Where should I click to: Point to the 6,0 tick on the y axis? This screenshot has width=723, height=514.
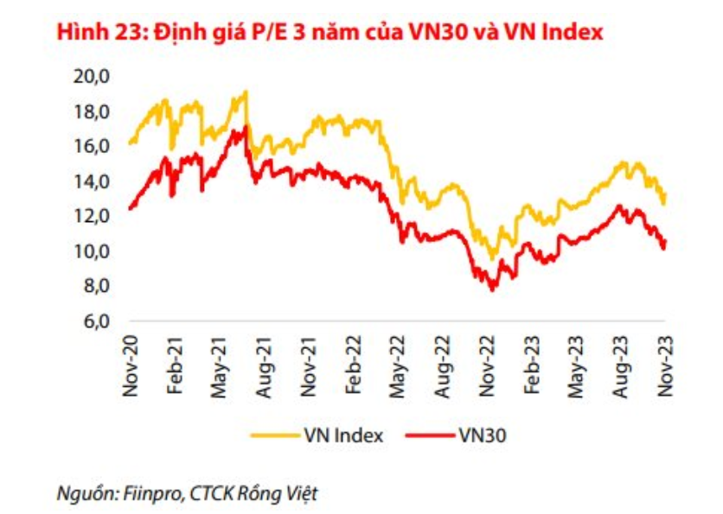96,321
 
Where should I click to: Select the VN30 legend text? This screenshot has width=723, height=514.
483,435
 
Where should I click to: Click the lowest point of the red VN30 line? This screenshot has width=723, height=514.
492,289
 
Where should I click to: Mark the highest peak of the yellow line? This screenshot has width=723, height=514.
246,92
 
